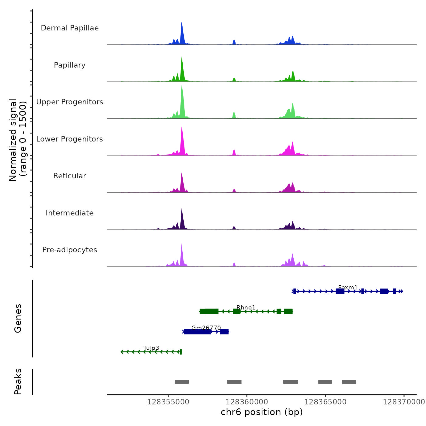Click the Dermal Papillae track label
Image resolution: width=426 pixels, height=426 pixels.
click(70, 28)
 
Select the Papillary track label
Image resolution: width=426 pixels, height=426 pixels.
click(70, 65)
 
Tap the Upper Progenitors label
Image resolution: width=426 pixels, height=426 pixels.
click(70, 102)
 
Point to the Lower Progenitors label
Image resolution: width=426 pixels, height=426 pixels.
click(70, 139)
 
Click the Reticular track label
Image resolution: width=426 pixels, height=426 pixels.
click(70, 176)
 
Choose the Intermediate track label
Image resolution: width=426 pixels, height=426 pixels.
click(70, 213)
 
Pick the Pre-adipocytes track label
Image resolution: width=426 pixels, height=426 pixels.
click(70, 250)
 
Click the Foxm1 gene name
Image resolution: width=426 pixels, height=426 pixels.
click(348, 288)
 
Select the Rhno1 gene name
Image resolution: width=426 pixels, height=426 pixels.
click(246, 308)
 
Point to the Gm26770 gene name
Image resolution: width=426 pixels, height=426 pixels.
click(206, 328)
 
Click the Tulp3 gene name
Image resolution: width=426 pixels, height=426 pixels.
click(151, 348)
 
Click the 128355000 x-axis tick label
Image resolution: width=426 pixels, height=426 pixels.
click(168, 402)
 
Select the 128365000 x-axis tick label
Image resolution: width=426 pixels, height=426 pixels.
click(325, 402)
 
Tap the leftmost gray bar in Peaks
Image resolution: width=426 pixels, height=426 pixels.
click(182, 382)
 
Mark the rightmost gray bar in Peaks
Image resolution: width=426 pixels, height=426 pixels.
click(349, 382)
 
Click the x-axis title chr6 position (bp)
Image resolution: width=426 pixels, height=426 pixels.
click(262, 412)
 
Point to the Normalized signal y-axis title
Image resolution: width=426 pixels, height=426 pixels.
click(18, 140)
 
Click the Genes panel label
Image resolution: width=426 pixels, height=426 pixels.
click(18, 318)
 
